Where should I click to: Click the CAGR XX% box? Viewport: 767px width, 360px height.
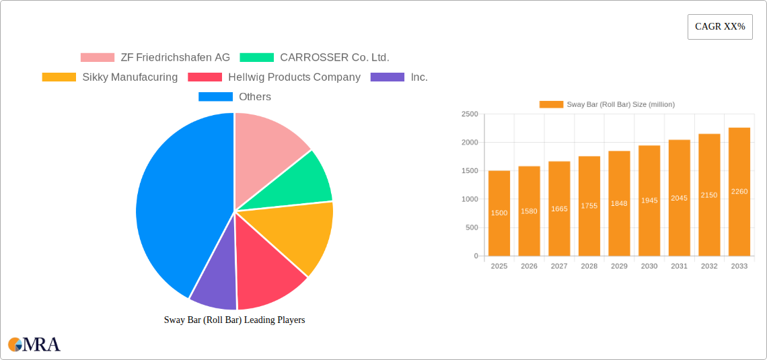[719, 27]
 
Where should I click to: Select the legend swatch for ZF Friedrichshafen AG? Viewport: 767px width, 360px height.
[98, 58]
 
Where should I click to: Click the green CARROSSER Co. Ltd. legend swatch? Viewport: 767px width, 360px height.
[257, 58]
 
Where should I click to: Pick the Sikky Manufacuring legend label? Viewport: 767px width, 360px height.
[130, 77]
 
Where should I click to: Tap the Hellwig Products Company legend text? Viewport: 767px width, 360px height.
[294, 77]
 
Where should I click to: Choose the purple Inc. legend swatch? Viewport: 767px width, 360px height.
[388, 77]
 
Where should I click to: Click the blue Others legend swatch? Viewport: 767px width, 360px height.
[215, 97]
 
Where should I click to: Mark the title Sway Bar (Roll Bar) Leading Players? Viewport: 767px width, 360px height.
[234, 320]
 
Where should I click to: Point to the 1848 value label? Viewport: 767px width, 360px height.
[619, 203]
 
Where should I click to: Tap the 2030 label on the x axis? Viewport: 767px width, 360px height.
[649, 266]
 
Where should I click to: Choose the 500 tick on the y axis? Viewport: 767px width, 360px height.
[471, 227]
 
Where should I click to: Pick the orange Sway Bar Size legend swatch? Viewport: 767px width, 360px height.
[551, 104]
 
